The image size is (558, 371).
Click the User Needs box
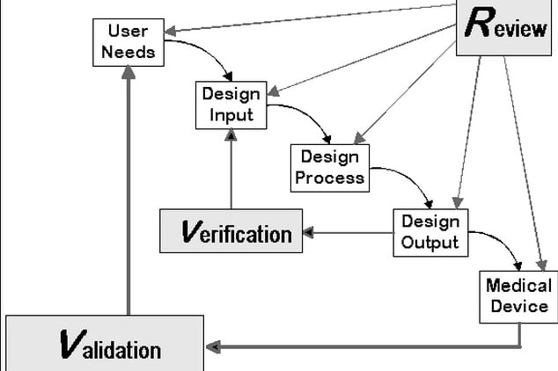(128, 43)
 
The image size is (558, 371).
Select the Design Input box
(231, 105)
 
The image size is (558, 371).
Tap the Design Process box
(330, 168)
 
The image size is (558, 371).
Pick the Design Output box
(430, 233)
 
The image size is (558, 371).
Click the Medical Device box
(519, 297)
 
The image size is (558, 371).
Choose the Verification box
(231, 231)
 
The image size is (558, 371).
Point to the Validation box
(105, 343)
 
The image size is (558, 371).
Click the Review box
(504, 28)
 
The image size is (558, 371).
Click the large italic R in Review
(480, 22)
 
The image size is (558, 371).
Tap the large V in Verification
(192, 231)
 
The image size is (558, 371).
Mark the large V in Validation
(73, 344)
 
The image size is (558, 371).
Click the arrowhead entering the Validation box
(213, 347)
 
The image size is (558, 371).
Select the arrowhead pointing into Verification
(308, 232)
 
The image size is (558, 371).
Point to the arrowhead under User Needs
(128, 72)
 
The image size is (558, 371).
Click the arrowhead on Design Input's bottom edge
(231, 135)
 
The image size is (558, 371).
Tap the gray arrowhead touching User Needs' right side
(170, 31)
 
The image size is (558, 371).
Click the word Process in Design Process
(330, 178)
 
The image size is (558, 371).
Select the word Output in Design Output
(430, 243)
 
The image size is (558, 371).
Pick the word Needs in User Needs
(128, 52)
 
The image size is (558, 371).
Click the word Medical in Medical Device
(519, 286)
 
